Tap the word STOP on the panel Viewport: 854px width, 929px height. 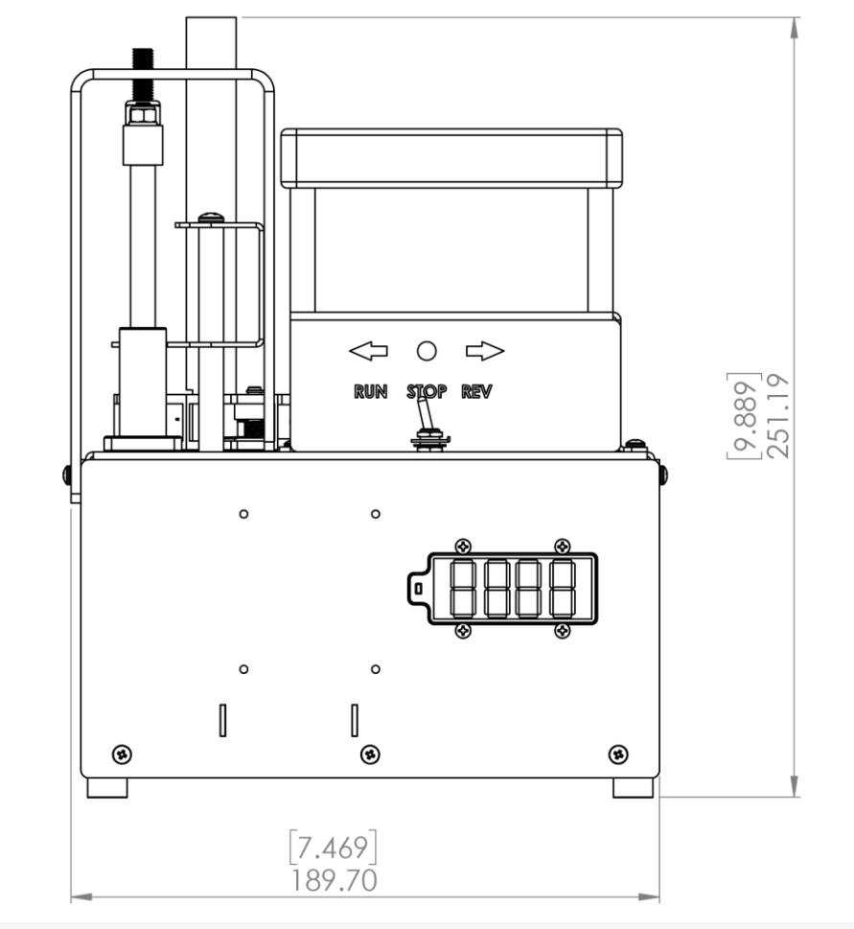click(427, 391)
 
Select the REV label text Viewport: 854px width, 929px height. click(476, 391)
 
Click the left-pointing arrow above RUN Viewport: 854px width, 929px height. click(368, 352)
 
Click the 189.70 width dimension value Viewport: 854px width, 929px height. click(334, 879)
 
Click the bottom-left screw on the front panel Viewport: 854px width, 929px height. click(123, 752)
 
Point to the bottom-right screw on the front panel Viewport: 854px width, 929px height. click(616, 752)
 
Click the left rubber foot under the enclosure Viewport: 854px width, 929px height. click(106, 787)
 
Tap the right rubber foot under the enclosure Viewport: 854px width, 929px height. click(633, 787)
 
